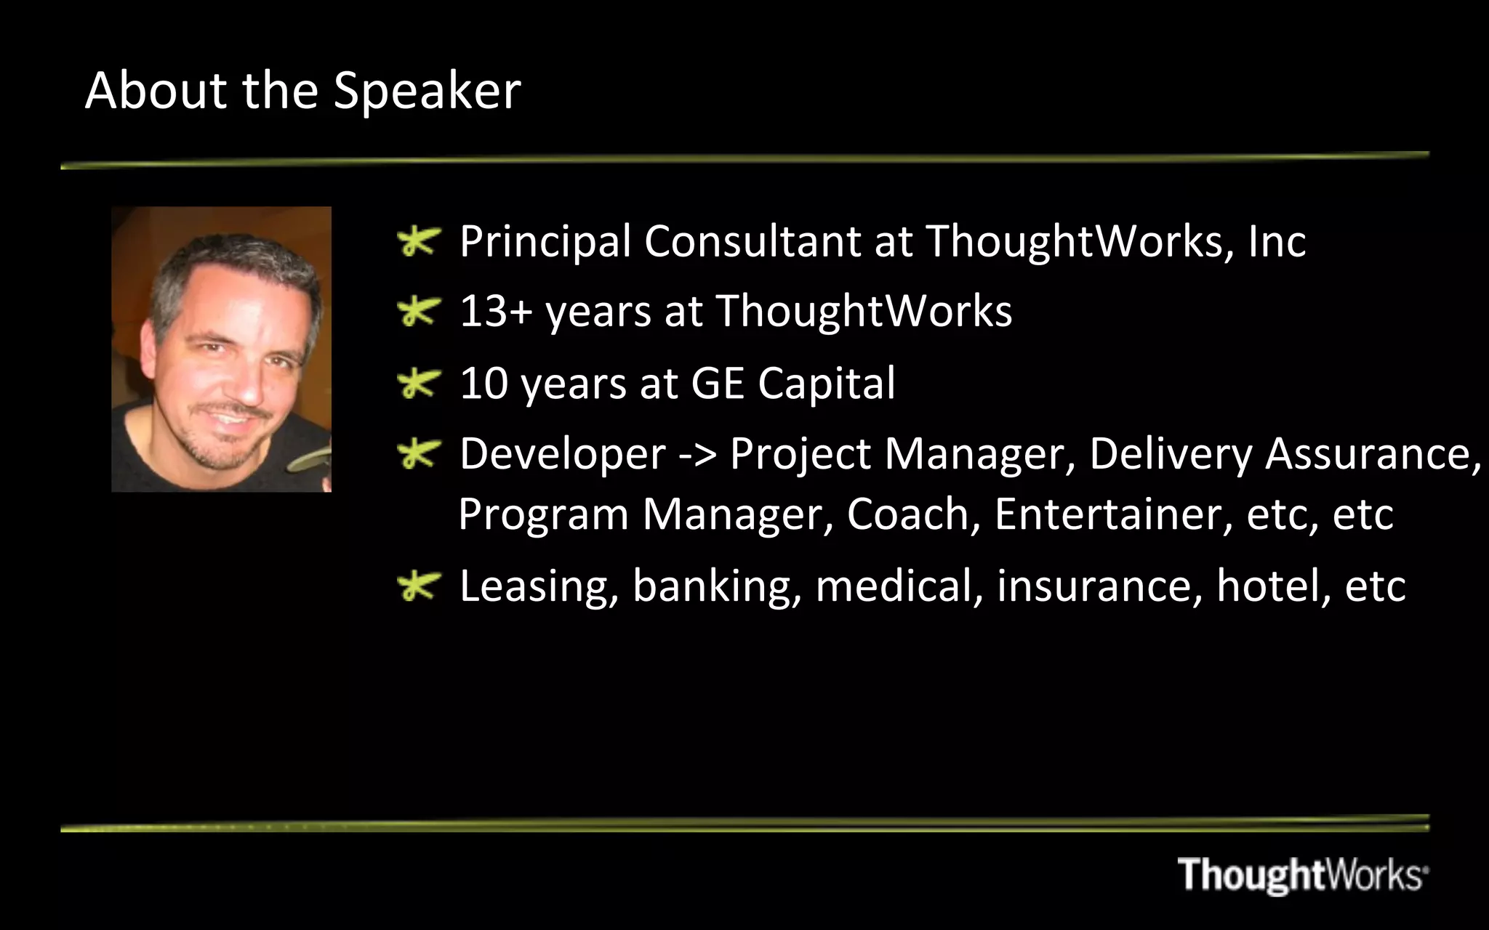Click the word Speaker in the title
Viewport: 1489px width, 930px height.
[x=427, y=92]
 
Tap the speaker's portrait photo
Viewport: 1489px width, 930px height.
[x=221, y=349]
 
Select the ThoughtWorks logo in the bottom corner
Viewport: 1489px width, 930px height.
[x=1302, y=874]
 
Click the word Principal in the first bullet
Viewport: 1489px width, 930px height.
[x=545, y=242]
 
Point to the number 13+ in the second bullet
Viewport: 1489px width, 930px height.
[x=496, y=312]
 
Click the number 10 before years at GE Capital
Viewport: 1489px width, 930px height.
[x=483, y=383]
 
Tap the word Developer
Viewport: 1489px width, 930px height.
[x=562, y=455]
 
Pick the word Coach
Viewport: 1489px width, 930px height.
[x=912, y=514]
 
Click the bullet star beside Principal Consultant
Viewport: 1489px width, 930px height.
[x=420, y=242]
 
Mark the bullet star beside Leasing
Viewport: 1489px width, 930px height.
[x=420, y=586]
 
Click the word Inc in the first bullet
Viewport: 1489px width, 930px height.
[x=1277, y=241]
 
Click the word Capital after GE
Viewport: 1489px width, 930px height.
[x=826, y=384]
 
